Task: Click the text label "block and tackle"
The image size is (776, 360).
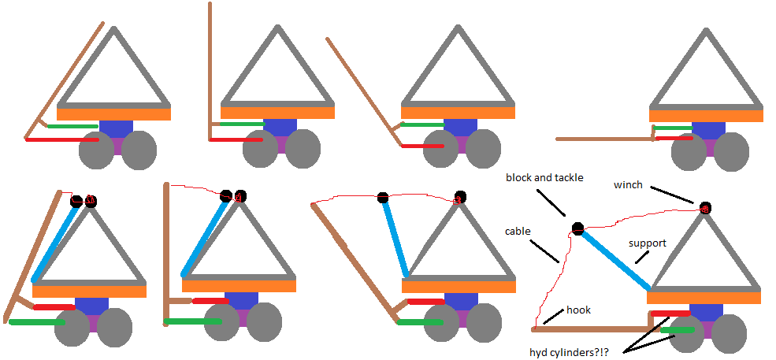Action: (x=544, y=178)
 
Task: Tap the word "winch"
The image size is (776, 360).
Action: (x=629, y=185)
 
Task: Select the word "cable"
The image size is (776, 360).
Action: (x=517, y=231)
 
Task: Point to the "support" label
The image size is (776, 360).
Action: (x=648, y=243)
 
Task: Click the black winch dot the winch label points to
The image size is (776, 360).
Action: (x=704, y=208)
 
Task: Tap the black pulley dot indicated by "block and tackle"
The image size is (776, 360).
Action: (x=577, y=229)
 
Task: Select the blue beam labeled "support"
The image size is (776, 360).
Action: (x=615, y=260)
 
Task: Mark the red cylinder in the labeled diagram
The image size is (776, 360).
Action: (x=671, y=314)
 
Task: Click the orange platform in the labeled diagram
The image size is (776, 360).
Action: (x=704, y=298)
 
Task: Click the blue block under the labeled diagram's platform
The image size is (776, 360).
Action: (x=707, y=310)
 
